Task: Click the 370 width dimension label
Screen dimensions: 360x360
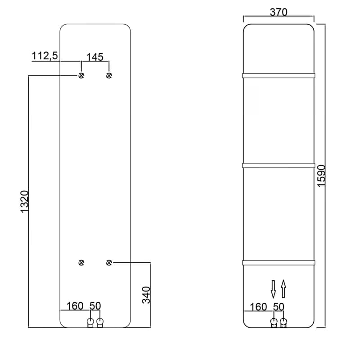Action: point(279,12)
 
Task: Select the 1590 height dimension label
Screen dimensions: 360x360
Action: point(321,176)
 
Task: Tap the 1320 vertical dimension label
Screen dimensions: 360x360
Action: point(25,202)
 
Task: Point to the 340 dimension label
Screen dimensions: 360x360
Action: point(146,295)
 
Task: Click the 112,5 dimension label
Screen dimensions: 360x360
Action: point(45,56)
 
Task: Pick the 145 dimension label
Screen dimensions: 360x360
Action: point(95,57)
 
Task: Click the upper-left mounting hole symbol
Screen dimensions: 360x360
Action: point(81,75)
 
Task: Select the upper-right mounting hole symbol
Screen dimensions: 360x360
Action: point(109,75)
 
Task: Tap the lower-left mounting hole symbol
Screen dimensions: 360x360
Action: point(81,263)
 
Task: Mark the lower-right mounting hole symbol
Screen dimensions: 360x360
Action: point(109,263)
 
